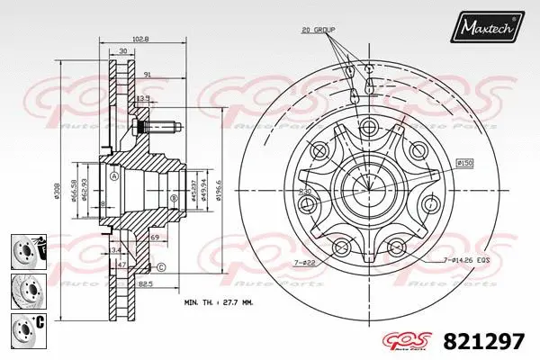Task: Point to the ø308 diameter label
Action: [x=84, y=191]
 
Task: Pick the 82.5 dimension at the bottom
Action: [x=143, y=283]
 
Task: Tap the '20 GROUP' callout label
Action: [x=318, y=30]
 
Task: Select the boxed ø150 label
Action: [x=465, y=163]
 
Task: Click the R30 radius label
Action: [x=306, y=193]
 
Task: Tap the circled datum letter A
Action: [x=113, y=176]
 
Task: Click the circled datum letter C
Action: [x=160, y=267]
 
